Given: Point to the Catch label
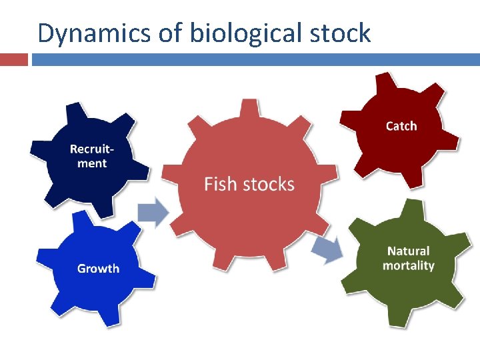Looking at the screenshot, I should pyautogui.click(x=401, y=126).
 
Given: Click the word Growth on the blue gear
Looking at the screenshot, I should pyautogui.click(x=99, y=269).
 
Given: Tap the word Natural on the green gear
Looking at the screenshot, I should pyautogui.click(x=409, y=251).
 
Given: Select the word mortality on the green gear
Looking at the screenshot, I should pyautogui.click(x=409, y=265).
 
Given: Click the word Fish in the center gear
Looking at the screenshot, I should pyautogui.click(x=219, y=184).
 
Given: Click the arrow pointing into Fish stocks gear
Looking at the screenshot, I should pyautogui.click(x=153, y=212).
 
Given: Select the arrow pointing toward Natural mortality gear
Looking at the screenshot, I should pyautogui.click(x=327, y=249).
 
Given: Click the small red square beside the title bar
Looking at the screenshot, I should pyautogui.click(x=14, y=59).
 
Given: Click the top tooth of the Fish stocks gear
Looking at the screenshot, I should pyautogui.click(x=249, y=108).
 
